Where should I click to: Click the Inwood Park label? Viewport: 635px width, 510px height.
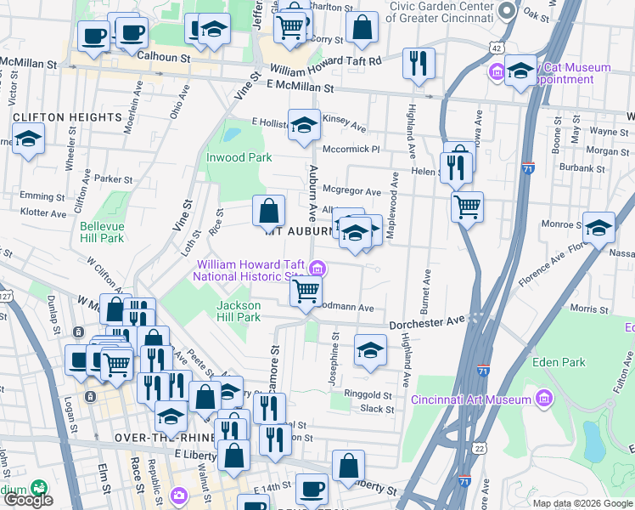click(x=239, y=157)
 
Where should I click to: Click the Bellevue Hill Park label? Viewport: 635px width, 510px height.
click(x=102, y=232)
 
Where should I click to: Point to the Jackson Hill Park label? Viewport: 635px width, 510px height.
click(x=238, y=311)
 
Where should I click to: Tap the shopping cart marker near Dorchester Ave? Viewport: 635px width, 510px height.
click(x=306, y=292)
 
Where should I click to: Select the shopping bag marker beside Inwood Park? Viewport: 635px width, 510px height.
click(x=268, y=210)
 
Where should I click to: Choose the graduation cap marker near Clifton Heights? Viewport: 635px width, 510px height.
click(x=28, y=139)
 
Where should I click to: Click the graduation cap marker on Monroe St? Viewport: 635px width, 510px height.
click(x=598, y=227)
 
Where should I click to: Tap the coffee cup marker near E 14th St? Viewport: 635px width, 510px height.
click(x=312, y=490)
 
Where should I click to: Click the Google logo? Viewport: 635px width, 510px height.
click(x=28, y=501)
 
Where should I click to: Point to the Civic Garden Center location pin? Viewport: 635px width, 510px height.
click(x=508, y=10)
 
